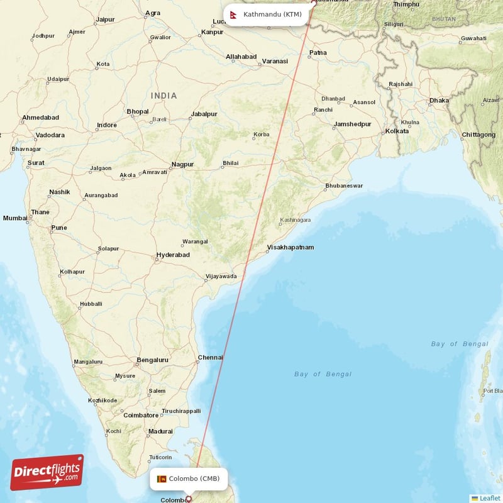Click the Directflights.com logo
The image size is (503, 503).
coord(47,472)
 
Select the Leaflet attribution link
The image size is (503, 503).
coord(489,498)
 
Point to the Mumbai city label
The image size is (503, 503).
coord(15,218)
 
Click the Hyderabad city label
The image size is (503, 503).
coord(173,255)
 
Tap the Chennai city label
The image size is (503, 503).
coord(210,357)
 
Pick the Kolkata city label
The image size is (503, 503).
coord(397,131)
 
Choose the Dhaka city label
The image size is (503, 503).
coord(439,101)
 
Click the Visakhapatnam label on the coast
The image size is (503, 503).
coord(290,247)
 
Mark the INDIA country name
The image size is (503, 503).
coord(163,96)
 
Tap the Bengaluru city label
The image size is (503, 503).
coord(152,360)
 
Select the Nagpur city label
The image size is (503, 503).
coord(182,164)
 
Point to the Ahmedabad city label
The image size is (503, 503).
coord(40,118)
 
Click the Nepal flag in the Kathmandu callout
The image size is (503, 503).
coord(234,14)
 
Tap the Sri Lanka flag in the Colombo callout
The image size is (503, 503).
coord(161,478)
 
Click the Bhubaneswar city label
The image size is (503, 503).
coord(344,186)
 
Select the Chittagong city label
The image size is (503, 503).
coord(478,135)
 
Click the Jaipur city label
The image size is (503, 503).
coord(105,19)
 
